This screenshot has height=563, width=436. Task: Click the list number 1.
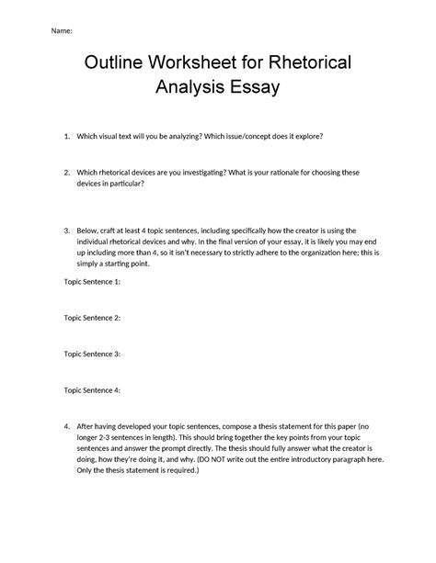tap(67, 136)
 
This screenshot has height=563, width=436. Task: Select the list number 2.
tap(67, 172)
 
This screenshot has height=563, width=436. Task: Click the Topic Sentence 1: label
tap(92, 282)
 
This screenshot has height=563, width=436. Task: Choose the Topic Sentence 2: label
tap(92, 318)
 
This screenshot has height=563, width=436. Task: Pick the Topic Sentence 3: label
tap(92, 354)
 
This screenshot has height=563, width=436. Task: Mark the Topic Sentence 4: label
tap(92, 389)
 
